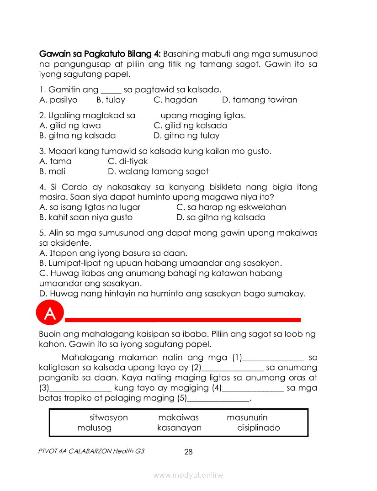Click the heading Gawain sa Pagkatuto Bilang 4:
100,54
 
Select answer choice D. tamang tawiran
260,100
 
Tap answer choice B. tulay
111,100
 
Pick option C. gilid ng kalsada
190,125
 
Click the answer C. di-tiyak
127,161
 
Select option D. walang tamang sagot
158,171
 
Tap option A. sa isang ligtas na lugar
90,207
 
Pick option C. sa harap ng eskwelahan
231,207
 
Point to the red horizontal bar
183,319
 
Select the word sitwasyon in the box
109,417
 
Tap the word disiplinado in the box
259,428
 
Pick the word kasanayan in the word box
179,428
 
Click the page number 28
188,452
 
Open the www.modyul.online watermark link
188,475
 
